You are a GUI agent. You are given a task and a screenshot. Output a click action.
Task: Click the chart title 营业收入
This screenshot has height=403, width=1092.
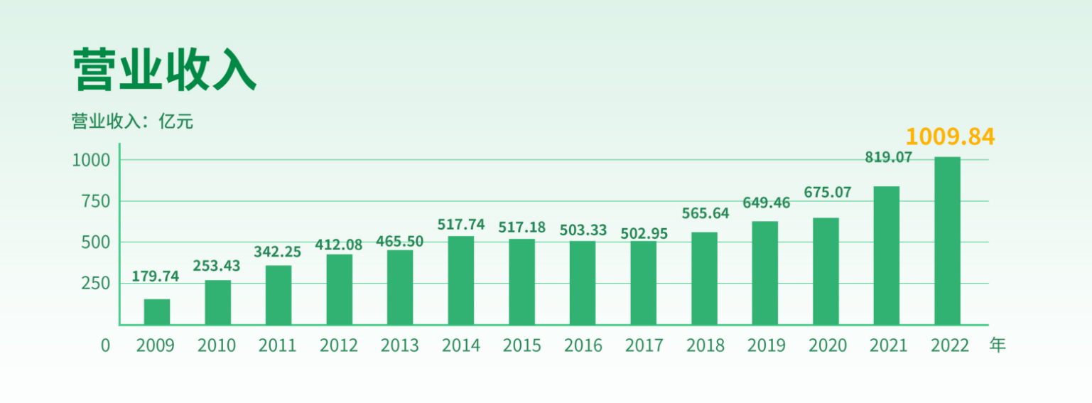[x=164, y=70]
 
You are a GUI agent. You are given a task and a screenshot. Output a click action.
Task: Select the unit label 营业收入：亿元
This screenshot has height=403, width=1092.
[x=132, y=122]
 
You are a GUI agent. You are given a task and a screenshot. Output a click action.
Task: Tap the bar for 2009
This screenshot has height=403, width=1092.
[x=157, y=311]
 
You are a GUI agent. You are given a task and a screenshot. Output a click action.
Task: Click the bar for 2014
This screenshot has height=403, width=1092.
[x=461, y=280]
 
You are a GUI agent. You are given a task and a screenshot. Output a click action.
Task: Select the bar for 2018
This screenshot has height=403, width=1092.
[x=704, y=278]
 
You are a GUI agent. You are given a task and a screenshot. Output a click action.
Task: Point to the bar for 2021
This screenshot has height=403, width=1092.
[x=887, y=255]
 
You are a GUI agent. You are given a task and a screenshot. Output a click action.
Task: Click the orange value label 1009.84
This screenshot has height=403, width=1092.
[x=950, y=136]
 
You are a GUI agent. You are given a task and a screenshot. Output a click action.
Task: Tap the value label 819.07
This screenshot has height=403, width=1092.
[x=888, y=158]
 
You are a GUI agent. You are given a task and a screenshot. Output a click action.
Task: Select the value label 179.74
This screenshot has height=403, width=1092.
[x=156, y=276]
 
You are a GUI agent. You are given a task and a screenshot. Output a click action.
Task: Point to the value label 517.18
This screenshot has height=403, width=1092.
[x=522, y=227]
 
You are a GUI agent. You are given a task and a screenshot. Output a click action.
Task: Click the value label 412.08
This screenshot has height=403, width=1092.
[x=339, y=245]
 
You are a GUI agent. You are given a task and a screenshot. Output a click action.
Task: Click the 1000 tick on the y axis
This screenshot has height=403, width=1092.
[x=91, y=160]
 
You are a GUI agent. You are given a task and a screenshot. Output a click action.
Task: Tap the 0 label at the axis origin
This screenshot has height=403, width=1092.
[x=106, y=346]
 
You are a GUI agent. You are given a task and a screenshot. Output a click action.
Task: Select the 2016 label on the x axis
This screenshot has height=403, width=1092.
[x=583, y=346]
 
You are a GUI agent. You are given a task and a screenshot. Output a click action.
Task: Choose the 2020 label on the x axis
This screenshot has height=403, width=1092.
[x=828, y=346]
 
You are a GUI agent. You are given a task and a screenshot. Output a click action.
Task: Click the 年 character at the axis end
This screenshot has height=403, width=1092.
[x=998, y=346]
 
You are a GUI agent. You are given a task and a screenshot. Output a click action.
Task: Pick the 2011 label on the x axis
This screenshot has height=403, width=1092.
[x=277, y=346]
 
